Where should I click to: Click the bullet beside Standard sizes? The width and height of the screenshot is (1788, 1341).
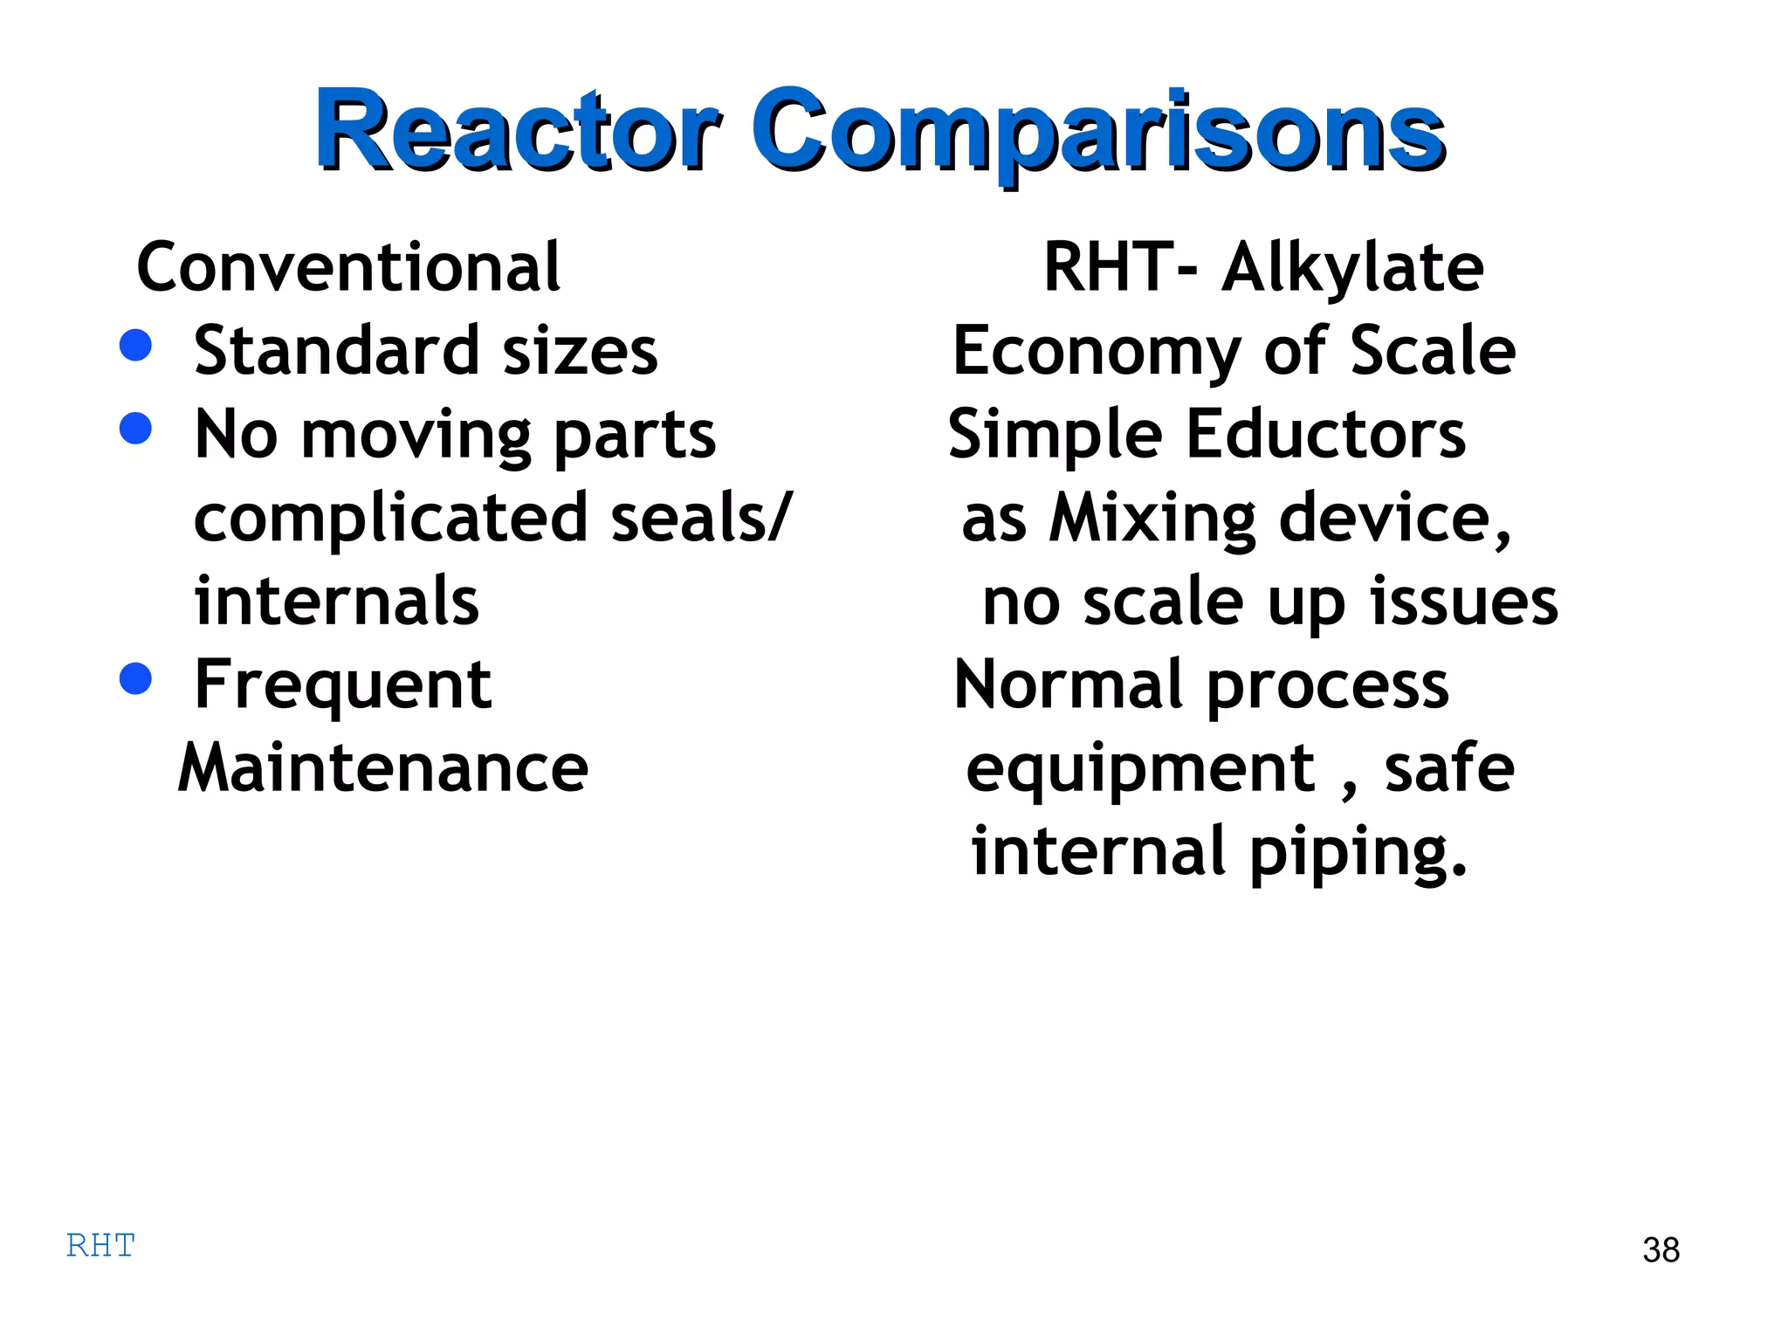tap(135, 345)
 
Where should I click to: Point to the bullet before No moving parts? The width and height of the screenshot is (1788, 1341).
tap(135, 428)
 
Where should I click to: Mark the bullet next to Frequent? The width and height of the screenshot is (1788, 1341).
tap(135, 678)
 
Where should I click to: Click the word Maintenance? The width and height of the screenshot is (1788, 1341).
tap(383, 768)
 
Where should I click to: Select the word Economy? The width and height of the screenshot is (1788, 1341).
tap(1096, 351)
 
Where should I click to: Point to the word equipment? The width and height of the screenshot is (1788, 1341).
tap(1140, 768)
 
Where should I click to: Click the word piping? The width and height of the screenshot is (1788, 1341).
tap(1358, 852)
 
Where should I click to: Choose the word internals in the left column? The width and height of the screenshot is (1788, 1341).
tap(336, 602)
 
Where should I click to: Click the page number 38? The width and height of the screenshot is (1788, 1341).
tap(1661, 1249)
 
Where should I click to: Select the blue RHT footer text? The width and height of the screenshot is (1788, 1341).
tap(100, 1245)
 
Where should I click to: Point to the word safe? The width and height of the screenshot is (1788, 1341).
tap(1449, 768)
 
